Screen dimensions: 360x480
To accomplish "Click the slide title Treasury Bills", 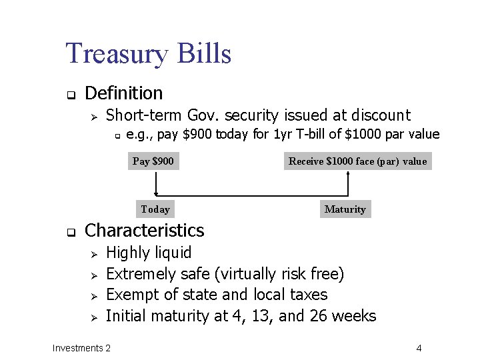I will click(x=148, y=53).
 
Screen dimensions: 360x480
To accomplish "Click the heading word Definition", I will click(x=124, y=93).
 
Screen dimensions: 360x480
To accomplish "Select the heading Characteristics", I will click(x=145, y=231).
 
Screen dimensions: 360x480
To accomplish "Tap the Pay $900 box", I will click(x=153, y=161).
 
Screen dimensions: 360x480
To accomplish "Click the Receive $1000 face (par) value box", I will click(x=357, y=161).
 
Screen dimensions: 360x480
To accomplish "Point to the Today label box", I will click(x=155, y=209).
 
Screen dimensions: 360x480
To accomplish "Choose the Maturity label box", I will click(x=345, y=209).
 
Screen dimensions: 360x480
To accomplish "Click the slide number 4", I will click(x=419, y=348).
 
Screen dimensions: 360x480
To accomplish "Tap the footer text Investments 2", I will click(x=81, y=348).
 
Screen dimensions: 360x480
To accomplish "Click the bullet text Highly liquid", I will click(x=149, y=253).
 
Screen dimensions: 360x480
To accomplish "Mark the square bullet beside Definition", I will click(x=69, y=94).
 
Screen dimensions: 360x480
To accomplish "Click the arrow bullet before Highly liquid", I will click(x=94, y=253).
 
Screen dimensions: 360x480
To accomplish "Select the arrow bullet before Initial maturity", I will click(x=94, y=317).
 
